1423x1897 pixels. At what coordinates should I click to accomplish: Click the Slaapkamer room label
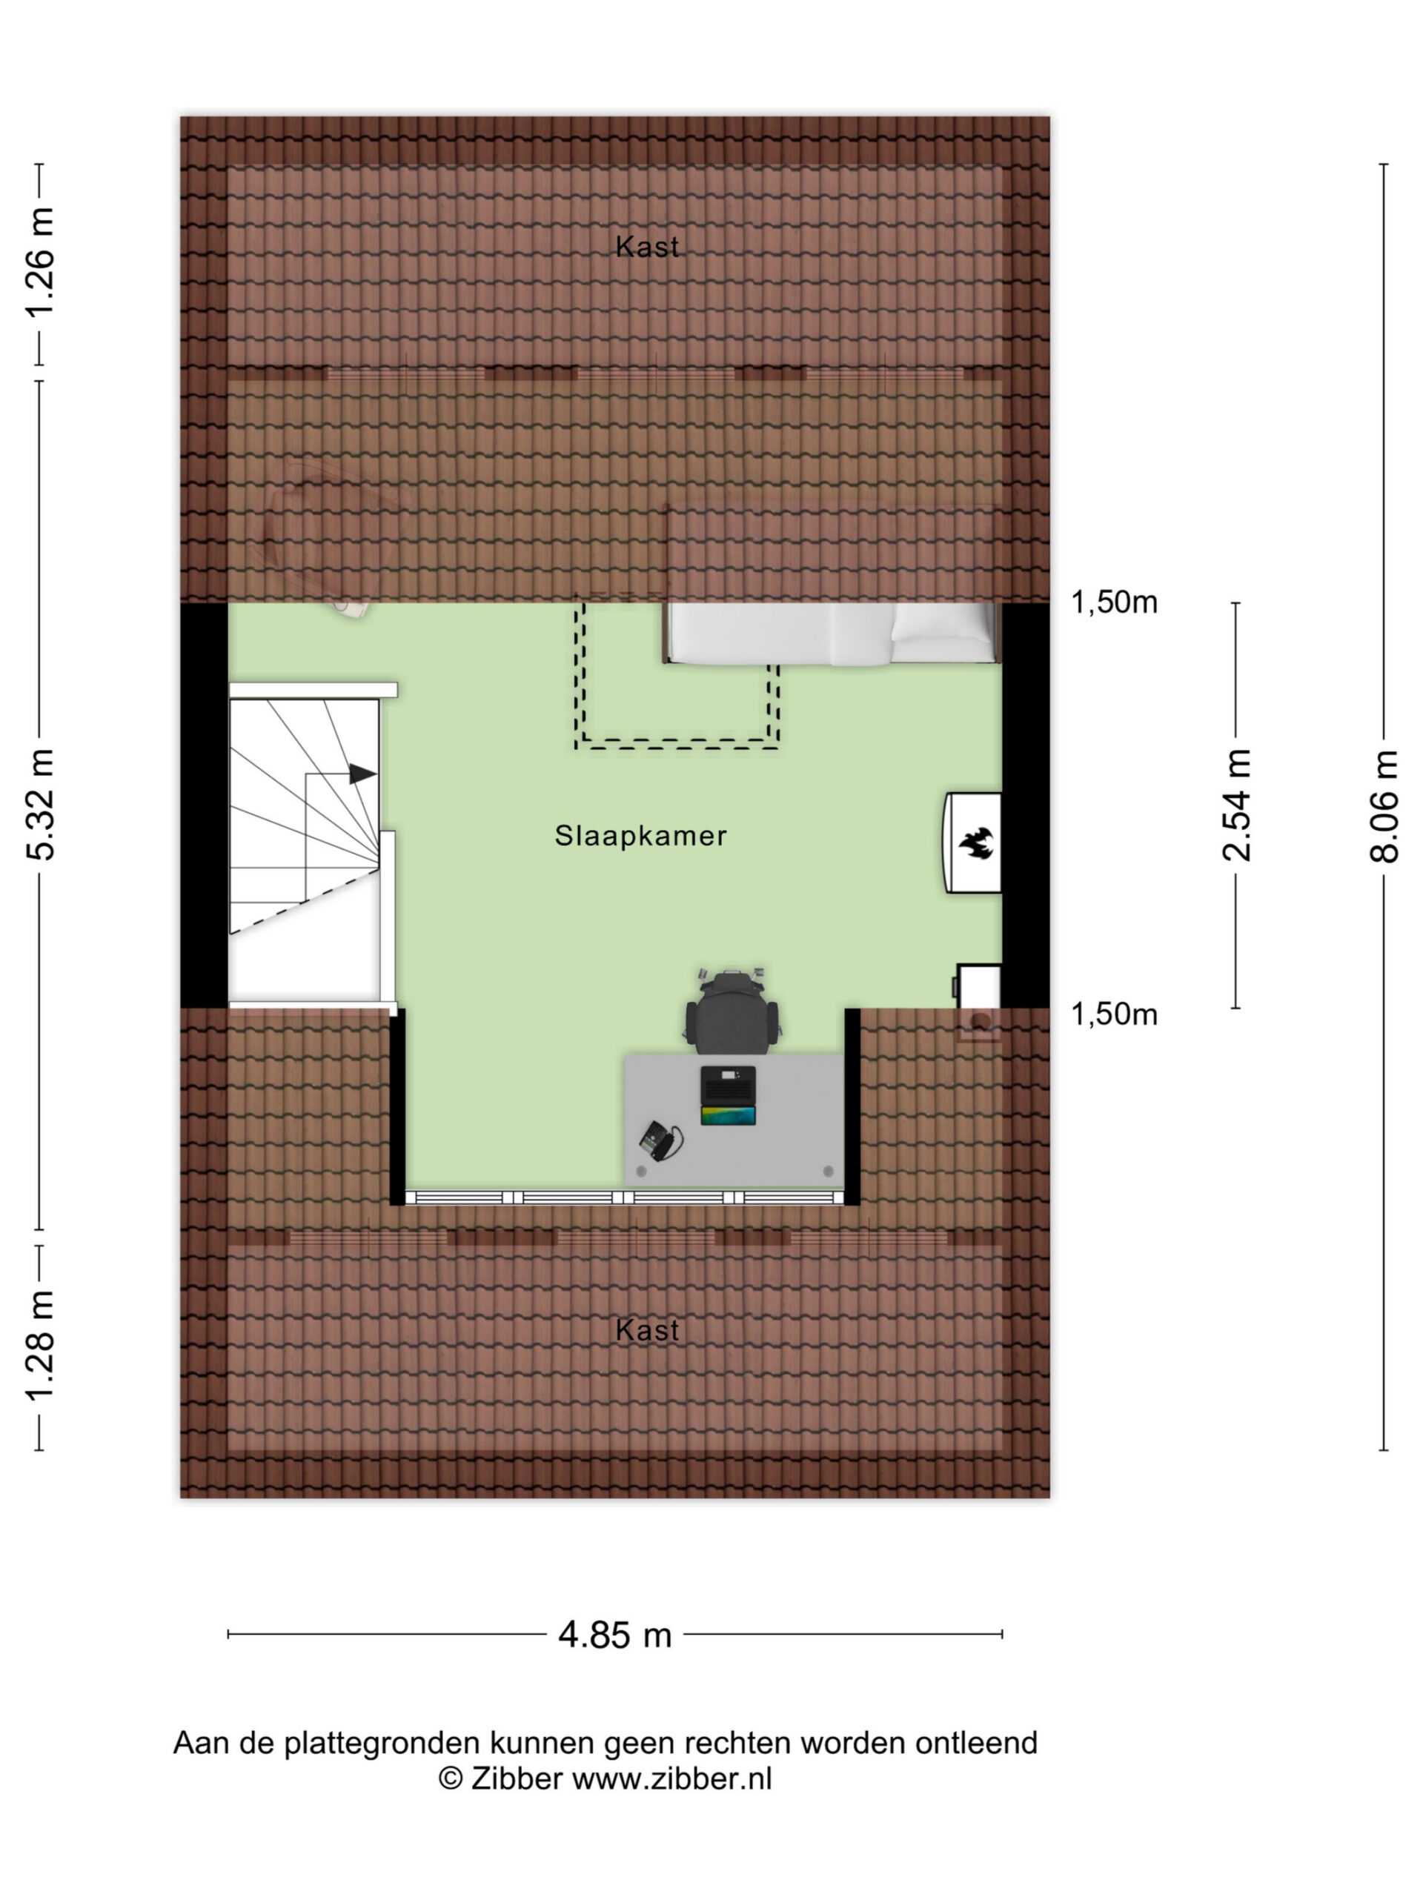(640, 835)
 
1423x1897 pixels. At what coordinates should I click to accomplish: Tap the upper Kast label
(647, 247)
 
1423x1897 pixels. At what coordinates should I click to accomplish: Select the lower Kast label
(647, 1330)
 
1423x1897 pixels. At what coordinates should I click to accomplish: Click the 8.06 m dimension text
(1383, 807)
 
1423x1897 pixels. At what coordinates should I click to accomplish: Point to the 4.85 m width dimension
(614, 1635)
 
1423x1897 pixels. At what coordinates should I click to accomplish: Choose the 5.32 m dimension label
(40, 805)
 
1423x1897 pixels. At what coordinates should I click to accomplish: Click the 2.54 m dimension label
(1236, 805)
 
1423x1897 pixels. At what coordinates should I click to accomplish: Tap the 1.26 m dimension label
(40, 262)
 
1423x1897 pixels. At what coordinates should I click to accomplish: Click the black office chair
(732, 1012)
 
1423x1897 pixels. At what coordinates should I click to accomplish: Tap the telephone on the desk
(660, 1140)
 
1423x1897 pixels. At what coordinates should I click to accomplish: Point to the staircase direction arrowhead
(362, 774)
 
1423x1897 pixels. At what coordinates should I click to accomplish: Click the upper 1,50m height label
(1113, 603)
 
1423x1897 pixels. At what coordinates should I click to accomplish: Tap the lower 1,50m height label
(1113, 1014)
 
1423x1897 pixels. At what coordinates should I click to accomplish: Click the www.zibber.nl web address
(671, 1778)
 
